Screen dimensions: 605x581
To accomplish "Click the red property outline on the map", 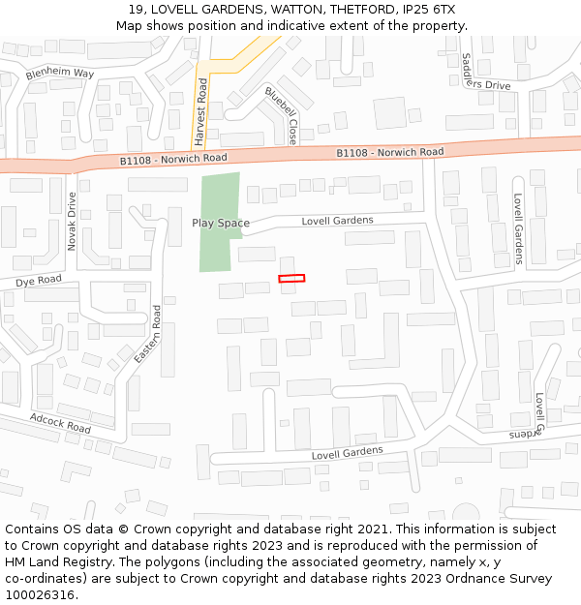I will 291,279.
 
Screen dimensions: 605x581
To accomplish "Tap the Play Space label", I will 220,223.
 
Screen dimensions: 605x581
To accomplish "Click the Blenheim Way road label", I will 60,74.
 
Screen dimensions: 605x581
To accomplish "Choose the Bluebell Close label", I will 281,115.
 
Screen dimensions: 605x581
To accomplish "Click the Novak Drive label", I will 72,221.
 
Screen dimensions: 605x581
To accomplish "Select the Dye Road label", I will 38,281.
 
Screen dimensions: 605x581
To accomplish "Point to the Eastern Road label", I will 148,335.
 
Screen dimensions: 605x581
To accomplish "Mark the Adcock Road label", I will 60,423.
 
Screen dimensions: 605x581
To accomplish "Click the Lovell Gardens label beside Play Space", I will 337,221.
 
